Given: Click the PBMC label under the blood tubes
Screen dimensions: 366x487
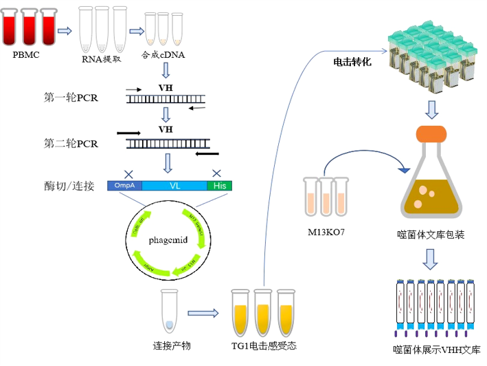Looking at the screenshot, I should [x=25, y=55].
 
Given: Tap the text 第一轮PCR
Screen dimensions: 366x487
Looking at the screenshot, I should [x=71, y=98].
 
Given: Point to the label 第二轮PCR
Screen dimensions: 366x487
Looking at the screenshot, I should [x=71, y=144].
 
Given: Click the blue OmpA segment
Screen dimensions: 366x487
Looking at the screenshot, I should [x=124, y=186].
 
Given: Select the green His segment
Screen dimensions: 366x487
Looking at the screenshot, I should [x=220, y=186].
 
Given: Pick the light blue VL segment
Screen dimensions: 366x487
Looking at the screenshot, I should [x=174, y=186].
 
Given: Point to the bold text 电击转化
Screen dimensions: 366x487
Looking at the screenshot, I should [x=352, y=62].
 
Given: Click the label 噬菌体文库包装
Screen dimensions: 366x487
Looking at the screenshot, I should [x=431, y=235].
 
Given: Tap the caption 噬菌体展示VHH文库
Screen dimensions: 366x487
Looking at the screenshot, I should [x=437, y=350].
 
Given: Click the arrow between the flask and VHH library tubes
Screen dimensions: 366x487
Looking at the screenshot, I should [x=430, y=259].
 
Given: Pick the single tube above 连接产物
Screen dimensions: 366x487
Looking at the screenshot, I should [x=169, y=310].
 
